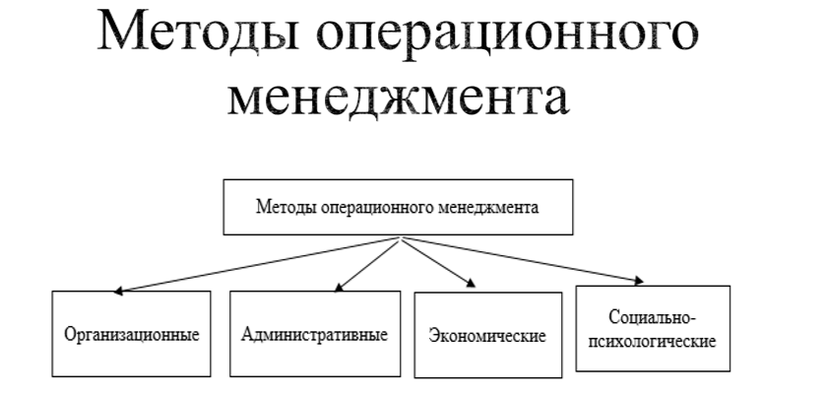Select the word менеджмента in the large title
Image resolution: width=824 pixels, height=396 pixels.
point(398,97)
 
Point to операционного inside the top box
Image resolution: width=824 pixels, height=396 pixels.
point(368,208)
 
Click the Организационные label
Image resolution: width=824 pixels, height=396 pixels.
point(131,334)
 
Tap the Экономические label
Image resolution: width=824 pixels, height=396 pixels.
point(487,336)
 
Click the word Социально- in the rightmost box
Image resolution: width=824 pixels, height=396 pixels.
point(653,317)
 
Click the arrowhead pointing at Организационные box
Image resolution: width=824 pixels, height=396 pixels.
point(119,292)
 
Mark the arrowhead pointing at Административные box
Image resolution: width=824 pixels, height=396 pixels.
point(338,288)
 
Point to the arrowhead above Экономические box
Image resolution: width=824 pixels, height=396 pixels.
point(472,284)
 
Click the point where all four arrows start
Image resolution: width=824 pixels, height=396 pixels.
point(399,237)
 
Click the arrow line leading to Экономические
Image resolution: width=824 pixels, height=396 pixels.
point(435,261)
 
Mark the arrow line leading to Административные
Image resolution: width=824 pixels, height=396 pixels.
point(368,263)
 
